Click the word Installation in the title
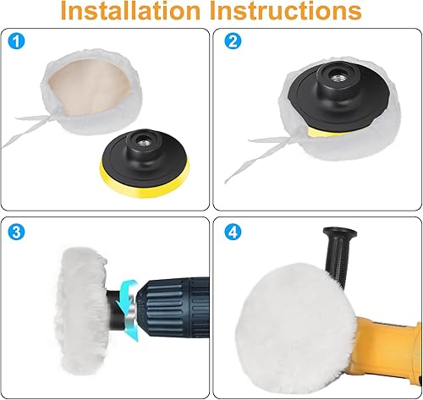click(x=130, y=10)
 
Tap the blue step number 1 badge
click(x=16, y=41)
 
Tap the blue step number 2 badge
click(x=233, y=41)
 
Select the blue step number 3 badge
click(x=16, y=232)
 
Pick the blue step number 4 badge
click(x=233, y=232)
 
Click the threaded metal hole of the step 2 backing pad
click(x=338, y=77)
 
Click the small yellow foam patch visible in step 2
click(x=324, y=132)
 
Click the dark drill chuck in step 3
click(x=173, y=307)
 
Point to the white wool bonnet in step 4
click(x=294, y=330)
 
